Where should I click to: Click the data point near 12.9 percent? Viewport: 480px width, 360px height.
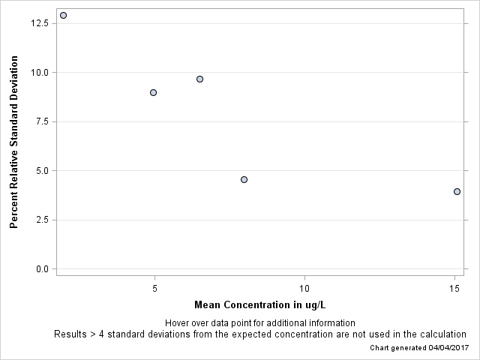63,15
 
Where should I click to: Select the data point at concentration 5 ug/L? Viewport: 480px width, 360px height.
153,92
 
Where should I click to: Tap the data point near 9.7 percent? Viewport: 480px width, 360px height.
199,79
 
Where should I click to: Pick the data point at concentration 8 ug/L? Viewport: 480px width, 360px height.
244,179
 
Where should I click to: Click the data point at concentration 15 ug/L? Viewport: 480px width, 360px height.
457,191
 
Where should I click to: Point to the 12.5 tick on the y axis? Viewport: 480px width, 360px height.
40,23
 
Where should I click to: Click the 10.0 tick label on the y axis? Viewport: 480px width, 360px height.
40,73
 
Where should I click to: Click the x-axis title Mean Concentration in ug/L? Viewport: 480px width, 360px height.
259,304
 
